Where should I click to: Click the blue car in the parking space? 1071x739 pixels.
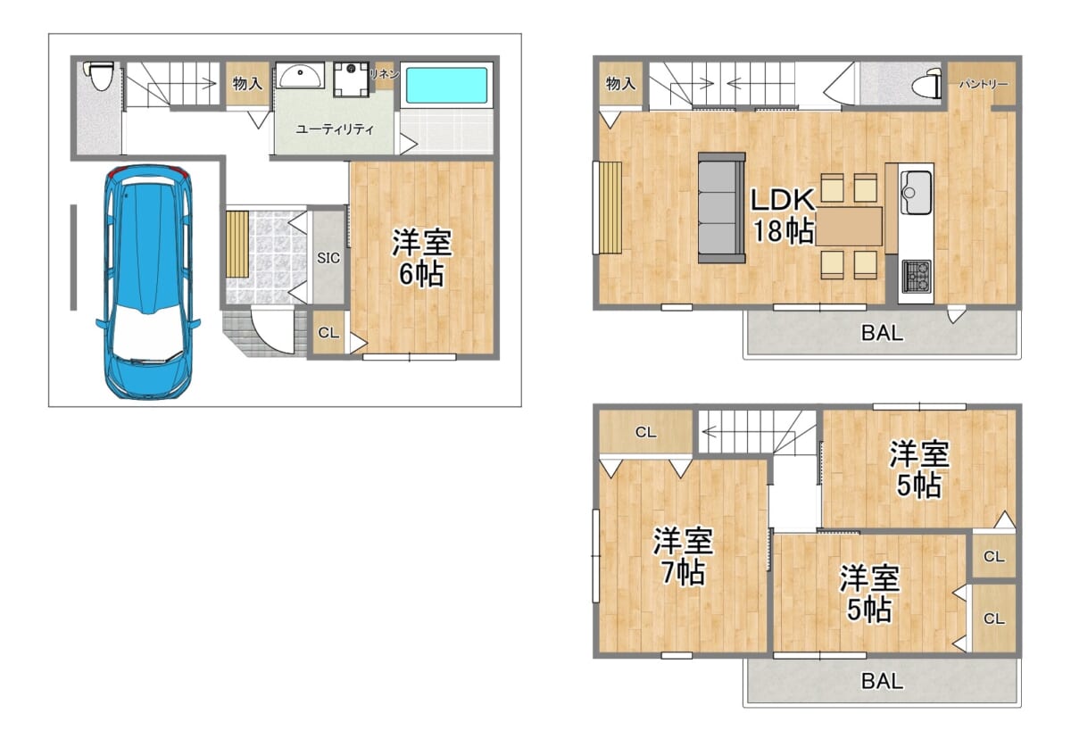(148, 282)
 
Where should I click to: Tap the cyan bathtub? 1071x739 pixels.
(446, 85)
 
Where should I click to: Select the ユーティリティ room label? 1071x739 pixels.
(335, 129)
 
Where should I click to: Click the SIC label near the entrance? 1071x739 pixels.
(328, 258)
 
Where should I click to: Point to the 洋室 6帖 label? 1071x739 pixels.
(421, 258)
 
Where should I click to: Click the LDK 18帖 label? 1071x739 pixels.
(783, 215)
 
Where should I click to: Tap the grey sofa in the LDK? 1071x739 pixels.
(721, 208)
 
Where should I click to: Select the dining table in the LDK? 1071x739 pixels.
(849, 227)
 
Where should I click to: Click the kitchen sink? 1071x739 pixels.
(916, 192)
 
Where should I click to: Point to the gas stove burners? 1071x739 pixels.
(917, 277)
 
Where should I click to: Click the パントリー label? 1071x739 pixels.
(984, 85)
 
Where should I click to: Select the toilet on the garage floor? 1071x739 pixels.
(99, 75)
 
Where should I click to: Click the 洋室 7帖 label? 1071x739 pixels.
(683, 556)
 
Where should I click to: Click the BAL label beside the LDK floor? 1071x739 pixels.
(882, 333)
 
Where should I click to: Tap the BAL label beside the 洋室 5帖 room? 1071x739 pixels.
(882, 681)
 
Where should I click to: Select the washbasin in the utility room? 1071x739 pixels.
(300, 76)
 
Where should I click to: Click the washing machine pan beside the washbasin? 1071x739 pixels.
(352, 79)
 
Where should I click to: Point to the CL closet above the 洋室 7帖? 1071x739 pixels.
(645, 432)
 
